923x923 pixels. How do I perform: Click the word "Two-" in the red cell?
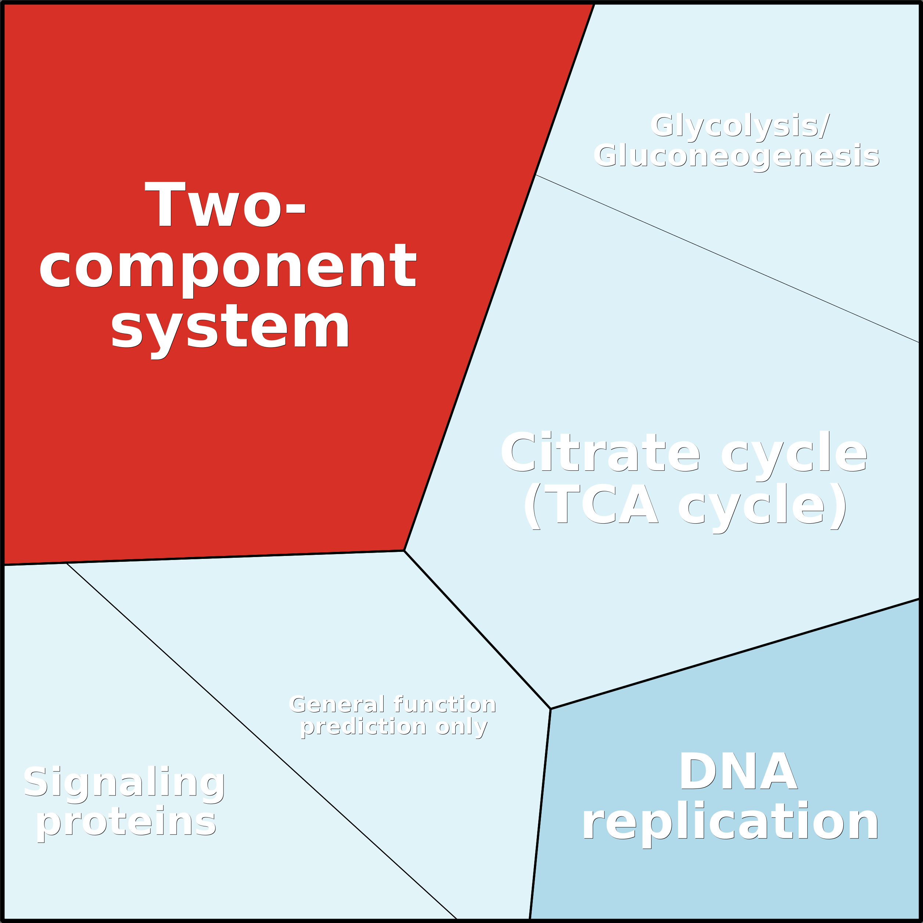225,204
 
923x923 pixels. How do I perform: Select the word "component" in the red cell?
228,270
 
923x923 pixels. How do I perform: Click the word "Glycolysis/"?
740,126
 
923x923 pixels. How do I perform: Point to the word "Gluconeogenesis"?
736,156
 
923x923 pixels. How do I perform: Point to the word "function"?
445,704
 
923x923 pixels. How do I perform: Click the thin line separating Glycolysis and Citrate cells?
727,258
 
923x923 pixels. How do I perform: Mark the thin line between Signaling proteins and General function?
262,741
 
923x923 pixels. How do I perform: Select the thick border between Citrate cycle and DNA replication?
735,654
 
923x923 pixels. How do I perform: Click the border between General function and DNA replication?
540,814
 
